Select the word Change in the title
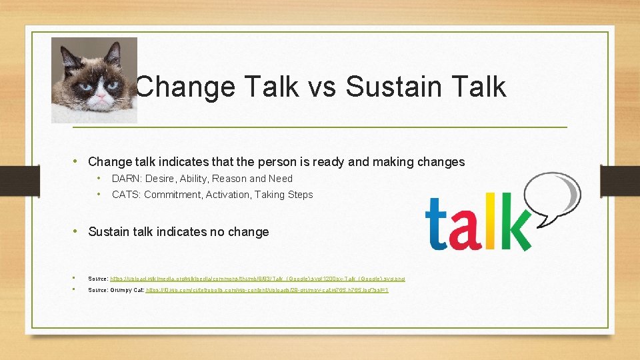tap(185, 87)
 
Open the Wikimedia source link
tap(257, 278)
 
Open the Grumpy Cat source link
tap(267, 291)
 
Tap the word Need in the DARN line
tap(280, 179)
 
